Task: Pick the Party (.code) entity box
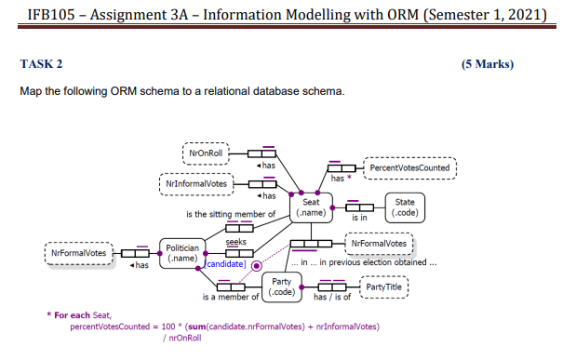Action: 281,287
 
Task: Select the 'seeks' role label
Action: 235,240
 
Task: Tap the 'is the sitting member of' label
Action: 232,214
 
